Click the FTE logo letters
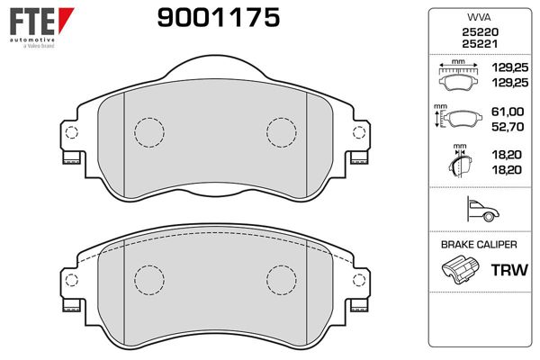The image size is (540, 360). [x=32, y=22]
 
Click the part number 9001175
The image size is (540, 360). [x=219, y=18]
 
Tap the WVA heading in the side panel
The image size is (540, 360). [x=479, y=17]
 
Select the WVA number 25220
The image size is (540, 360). [x=480, y=32]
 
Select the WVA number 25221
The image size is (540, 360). [x=480, y=44]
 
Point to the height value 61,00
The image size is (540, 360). [x=508, y=112]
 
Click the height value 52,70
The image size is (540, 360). [x=508, y=127]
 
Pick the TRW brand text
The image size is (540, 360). [x=509, y=270]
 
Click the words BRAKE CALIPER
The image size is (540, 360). [x=479, y=245]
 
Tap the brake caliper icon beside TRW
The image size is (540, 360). [x=460, y=270]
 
